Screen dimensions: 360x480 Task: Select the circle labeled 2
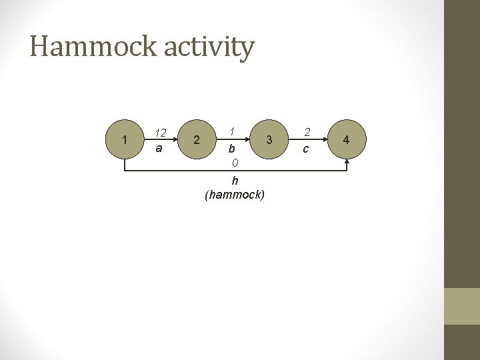pos(195,139)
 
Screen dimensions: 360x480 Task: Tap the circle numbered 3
pos(269,139)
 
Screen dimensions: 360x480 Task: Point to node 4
pos(345,139)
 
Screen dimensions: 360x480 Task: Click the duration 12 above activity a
pos(160,133)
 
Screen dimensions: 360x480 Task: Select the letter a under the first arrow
pos(159,148)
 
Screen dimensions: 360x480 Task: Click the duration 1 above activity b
pos(231,131)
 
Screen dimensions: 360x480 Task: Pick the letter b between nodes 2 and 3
pos(231,148)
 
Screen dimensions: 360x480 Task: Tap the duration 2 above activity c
pos(307,133)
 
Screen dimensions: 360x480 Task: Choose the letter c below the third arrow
pos(306,149)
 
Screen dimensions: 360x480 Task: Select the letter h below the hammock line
pos(235,181)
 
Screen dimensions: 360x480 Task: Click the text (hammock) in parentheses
pos(235,195)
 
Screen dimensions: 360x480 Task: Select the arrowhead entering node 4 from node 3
pos(327,139)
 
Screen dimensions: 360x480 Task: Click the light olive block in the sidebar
pos(461,306)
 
